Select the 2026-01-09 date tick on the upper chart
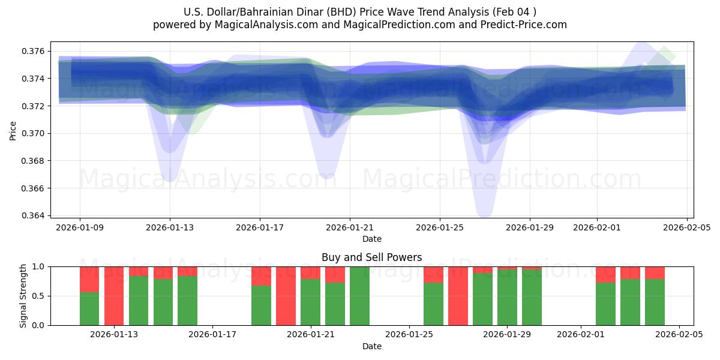pyautogui.click(x=80, y=227)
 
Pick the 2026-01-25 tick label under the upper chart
pyautogui.click(x=440, y=227)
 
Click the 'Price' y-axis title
pyautogui.click(x=13, y=130)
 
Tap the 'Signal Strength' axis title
pyautogui.click(x=23, y=296)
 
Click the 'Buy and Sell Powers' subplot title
pyautogui.click(x=371, y=257)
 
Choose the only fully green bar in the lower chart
pyautogui.click(x=359, y=296)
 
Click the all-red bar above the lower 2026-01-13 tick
pyautogui.click(x=114, y=296)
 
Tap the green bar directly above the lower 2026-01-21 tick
pyautogui.click(x=310, y=302)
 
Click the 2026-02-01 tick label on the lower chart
pyautogui.click(x=581, y=334)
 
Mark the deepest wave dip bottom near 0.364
pyautogui.click(x=484, y=214)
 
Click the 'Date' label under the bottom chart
pyautogui.click(x=371, y=346)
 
